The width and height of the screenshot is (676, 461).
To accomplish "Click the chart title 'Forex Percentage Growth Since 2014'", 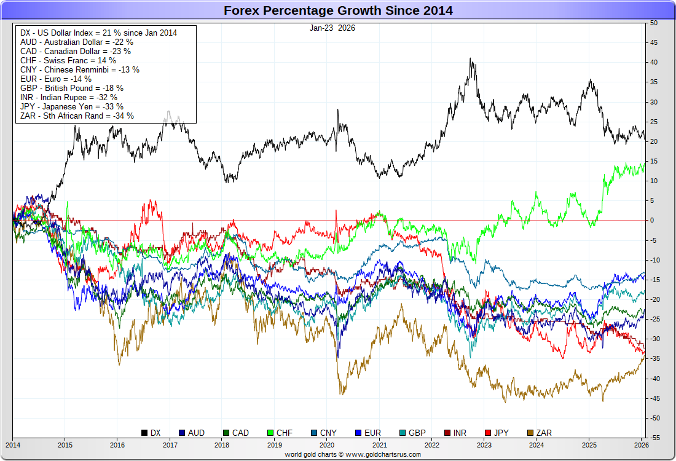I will pyautogui.click(x=338, y=10).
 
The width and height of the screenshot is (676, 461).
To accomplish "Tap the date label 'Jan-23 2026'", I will pyautogui.click(x=332, y=28).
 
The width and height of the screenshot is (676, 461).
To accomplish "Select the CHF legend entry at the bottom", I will pyautogui.click(x=279, y=433).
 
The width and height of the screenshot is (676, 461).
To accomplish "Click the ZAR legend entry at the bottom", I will pyautogui.click(x=538, y=433).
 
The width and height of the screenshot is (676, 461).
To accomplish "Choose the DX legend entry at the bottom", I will pyautogui.click(x=151, y=433).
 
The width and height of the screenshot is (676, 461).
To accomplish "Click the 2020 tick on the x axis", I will pyautogui.click(x=328, y=444).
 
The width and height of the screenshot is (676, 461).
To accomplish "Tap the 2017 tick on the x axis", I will pyautogui.click(x=170, y=444).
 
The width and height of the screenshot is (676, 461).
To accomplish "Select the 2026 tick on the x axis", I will pyautogui.click(x=641, y=444).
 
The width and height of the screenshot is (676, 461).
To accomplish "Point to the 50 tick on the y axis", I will pyautogui.click(x=653, y=23).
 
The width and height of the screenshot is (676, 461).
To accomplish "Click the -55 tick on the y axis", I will pyautogui.click(x=654, y=438).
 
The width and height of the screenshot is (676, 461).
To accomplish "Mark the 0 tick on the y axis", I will pyautogui.click(x=652, y=220).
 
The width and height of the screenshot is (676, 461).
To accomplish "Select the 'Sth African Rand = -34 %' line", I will pyautogui.click(x=77, y=116).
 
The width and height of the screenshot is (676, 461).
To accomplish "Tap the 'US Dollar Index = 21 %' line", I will pyautogui.click(x=98, y=33).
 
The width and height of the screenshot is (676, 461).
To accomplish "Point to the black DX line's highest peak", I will pyautogui.click(x=471, y=59).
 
